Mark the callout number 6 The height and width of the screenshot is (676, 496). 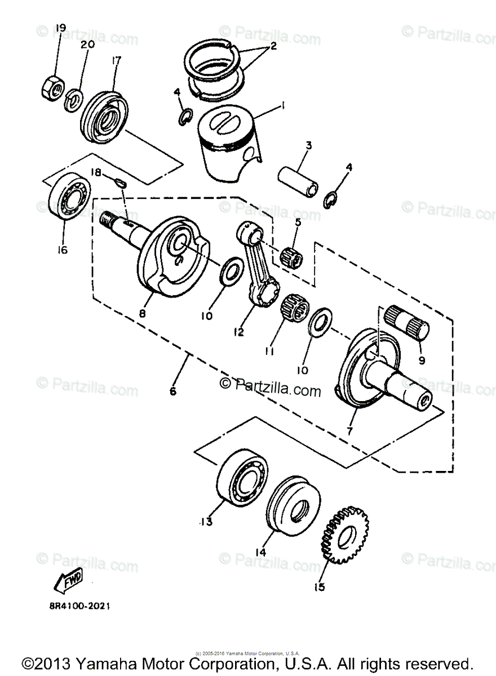click(x=172, y=390)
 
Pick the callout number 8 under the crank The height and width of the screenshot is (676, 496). click(x=142, y=313)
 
